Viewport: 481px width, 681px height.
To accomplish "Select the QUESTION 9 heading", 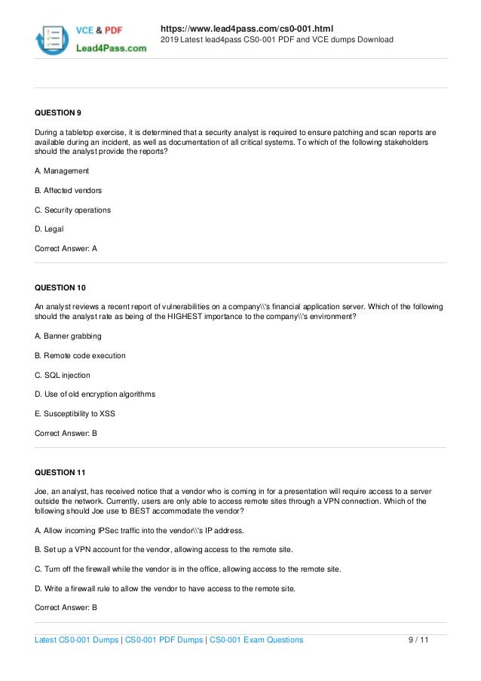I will (x=58, y=113).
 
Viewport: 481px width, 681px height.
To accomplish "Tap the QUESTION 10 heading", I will (x=60, y=287).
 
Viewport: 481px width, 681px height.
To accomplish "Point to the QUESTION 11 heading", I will (x=60, y=473).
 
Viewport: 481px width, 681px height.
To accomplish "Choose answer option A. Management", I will (x=62, y=170).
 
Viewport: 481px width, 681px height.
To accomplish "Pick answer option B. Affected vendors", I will (x=69, y=190).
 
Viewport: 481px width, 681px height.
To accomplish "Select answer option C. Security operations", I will (x=73, y=210).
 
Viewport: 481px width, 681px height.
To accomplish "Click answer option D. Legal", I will (x=50, y=229).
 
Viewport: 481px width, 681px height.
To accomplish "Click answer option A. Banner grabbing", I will (x=69, y=336).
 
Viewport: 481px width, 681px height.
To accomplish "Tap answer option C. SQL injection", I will (x=63, y=375).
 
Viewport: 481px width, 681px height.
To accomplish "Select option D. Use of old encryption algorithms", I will (x=95, y=394).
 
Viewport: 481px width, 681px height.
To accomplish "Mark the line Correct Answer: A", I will (x=66, y=248).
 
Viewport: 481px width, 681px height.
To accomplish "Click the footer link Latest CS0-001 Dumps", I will (x=77, y=640).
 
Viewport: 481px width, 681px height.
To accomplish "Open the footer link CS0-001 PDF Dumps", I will (x=163, y=640).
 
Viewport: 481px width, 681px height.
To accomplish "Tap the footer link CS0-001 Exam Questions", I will (x=256, y=640).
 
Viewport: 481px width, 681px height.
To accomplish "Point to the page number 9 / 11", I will (x=418, y=640).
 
